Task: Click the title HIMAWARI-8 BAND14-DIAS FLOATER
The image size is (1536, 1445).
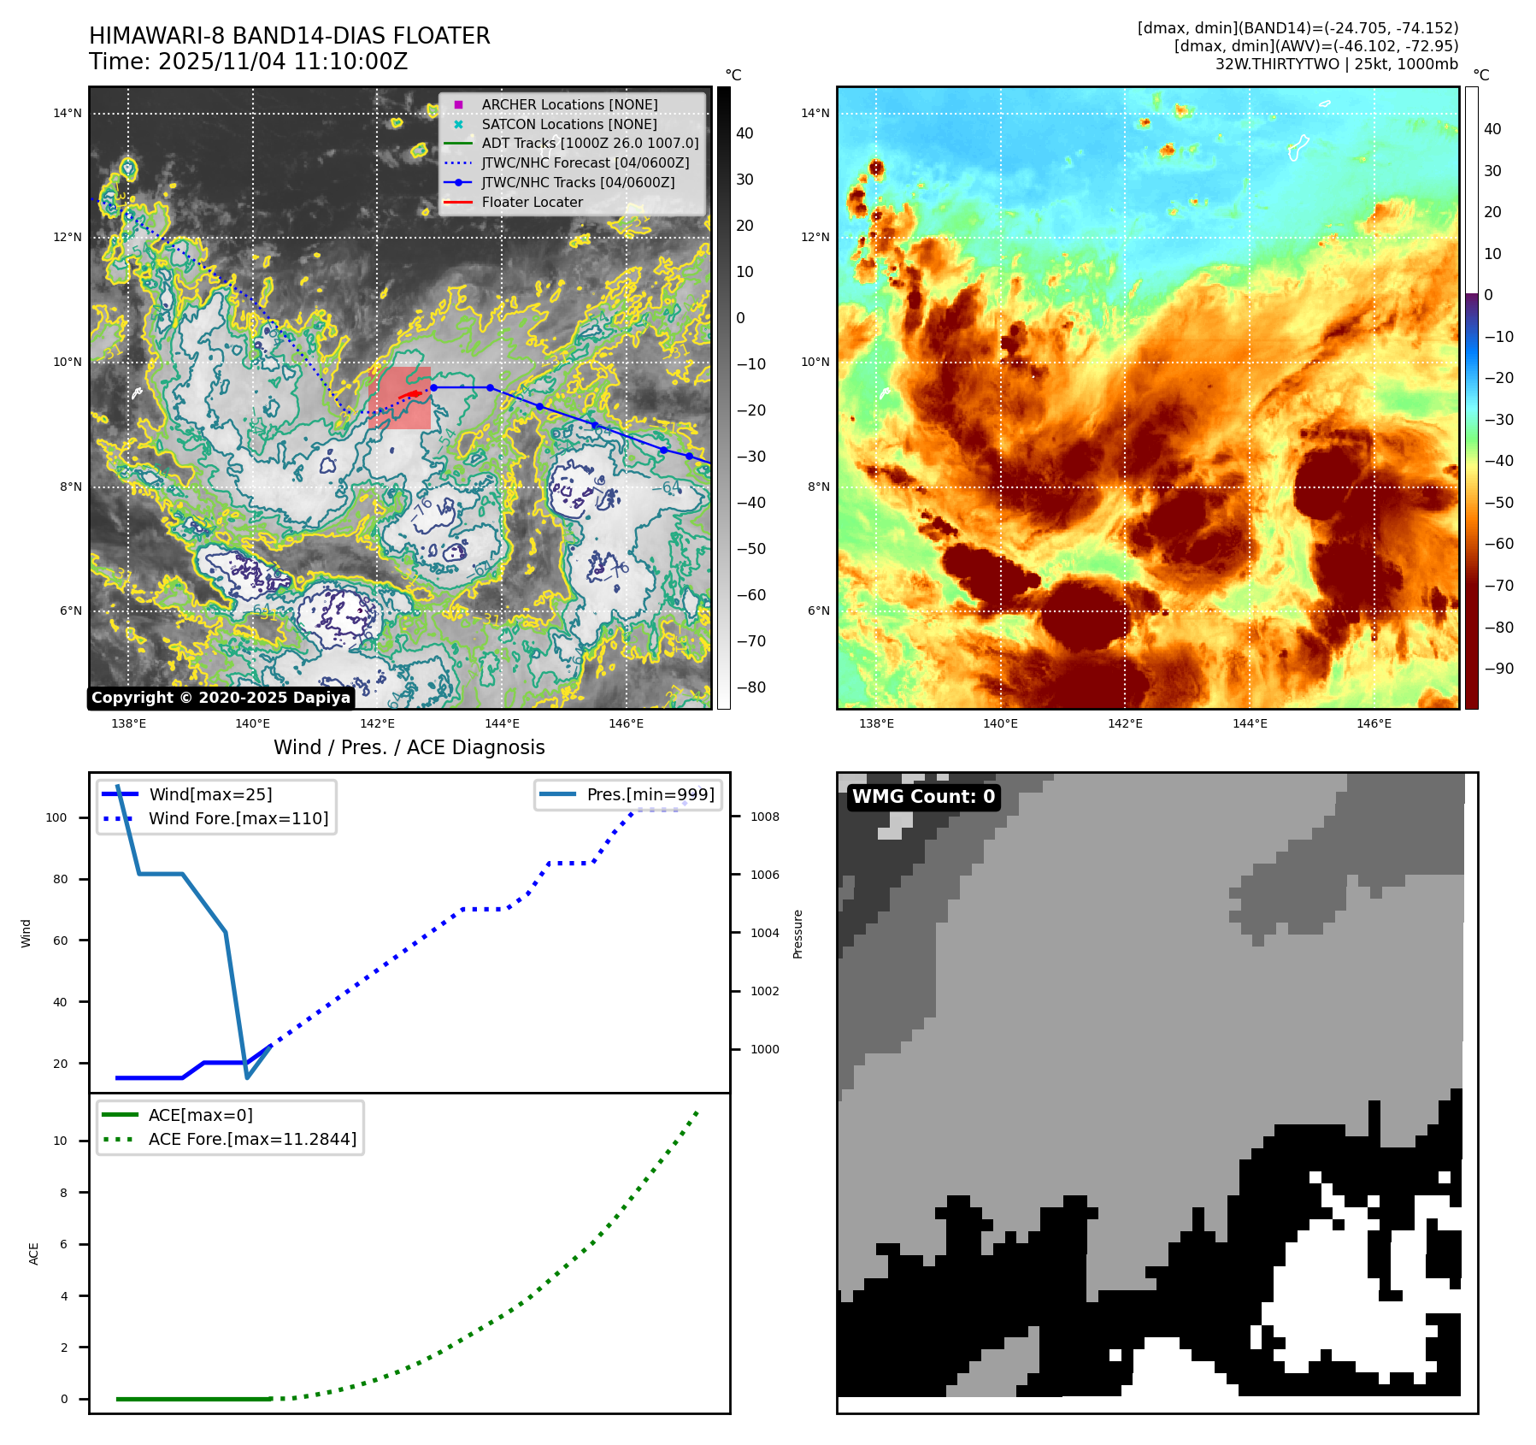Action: point(289,36)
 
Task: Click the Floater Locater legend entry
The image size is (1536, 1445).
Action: point(532,203)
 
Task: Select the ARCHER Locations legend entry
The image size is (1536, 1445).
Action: point(569,104)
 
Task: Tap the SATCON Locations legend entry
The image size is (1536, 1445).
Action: point(569,124)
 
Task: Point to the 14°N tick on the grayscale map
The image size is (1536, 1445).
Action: point(68,113)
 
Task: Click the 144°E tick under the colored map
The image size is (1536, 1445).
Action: point(1249,723)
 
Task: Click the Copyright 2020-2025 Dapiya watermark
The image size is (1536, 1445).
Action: point(221,698)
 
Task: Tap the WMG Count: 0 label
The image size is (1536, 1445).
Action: point(923,797)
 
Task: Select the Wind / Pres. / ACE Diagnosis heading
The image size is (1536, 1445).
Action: point(409,747)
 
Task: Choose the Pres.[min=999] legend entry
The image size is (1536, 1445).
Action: point(650,794)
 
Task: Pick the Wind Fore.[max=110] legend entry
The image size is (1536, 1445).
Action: point(238,818)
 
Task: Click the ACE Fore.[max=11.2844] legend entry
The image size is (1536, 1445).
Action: point(252,1139)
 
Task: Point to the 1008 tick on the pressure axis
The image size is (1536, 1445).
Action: point(765,817)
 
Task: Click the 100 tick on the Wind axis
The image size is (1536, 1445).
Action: point(56,817)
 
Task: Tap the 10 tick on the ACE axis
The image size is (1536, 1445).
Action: point(60,1141)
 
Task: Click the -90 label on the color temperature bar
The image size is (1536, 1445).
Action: point(1498,669)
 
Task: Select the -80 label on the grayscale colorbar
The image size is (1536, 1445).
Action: point(751,687)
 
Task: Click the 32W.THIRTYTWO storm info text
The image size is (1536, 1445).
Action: point(1336,64)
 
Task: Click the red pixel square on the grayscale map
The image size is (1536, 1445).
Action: point(400,398)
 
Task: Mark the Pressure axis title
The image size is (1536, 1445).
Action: point(797,934)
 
